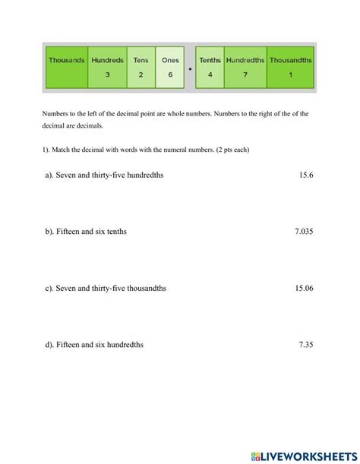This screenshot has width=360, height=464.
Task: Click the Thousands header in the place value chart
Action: tap(67, 60)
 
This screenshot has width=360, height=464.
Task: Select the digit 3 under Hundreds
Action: tap(107, 75)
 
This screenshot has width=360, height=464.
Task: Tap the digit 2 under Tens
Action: tap(141, 75)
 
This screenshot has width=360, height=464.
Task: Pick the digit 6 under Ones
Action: tap(170, 75)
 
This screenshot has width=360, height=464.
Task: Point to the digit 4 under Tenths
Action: tap(210, 75)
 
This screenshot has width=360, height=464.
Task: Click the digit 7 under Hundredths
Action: tap(245, 75)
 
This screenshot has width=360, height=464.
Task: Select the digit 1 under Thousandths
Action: tap(290, 75)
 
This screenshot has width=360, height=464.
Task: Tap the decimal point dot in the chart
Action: tap(190, 69)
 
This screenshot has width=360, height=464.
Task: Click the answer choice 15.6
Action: tap(306, 175)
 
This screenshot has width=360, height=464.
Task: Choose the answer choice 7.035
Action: tap(304, 232)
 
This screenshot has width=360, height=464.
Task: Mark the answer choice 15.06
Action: tap(304, 288)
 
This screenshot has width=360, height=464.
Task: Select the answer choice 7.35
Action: tap(306, 344)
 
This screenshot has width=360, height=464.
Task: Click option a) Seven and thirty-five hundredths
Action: tap(104, 175)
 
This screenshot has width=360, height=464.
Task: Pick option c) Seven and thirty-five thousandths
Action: tap(106, 288)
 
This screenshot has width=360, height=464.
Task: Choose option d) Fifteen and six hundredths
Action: tap(94, 344)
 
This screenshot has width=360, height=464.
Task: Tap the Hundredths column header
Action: tap(245, 60)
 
